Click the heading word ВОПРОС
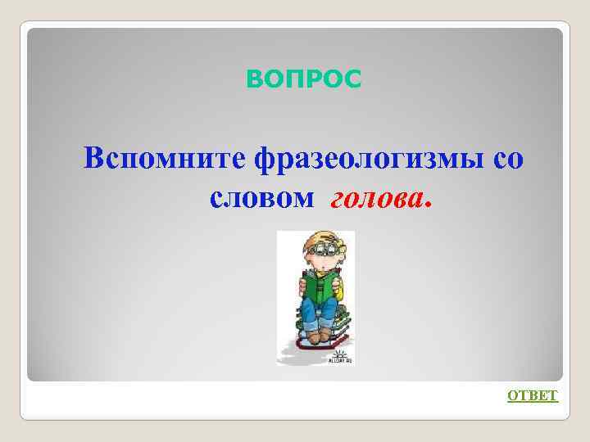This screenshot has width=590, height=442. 303,79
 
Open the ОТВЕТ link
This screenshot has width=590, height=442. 533,396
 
